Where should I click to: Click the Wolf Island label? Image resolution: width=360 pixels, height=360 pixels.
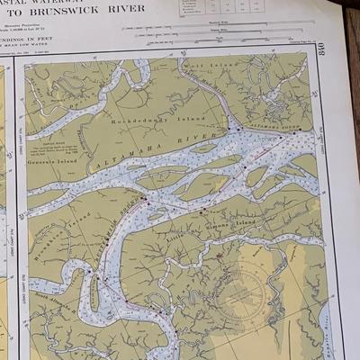[x=202, y=66]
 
